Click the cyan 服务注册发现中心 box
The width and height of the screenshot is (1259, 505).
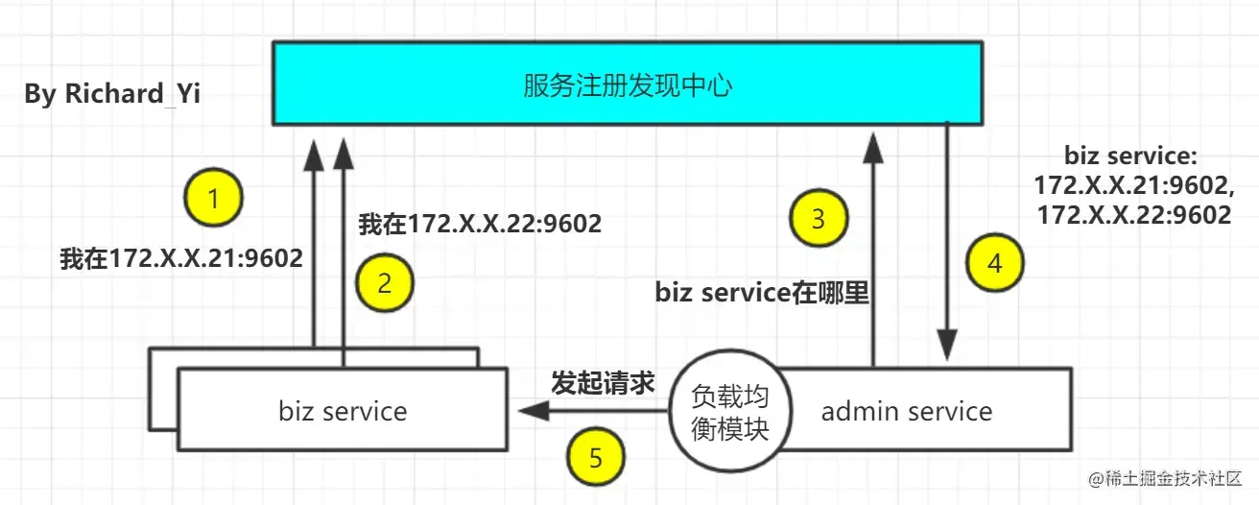(628, 84)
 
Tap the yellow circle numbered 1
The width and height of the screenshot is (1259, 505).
(213, 200)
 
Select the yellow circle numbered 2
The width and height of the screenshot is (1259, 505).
(385, 282)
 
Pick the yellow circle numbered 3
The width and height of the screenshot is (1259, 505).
(818, 219)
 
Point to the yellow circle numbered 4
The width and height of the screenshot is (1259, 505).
(995, 263)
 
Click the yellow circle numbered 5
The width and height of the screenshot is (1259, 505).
(596, 458)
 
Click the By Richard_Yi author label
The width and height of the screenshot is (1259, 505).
(112, 94)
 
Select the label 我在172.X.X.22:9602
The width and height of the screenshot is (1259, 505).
(480, 224)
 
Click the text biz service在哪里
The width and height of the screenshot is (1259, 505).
(762, 294)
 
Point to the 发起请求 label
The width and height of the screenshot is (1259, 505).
(603, 383)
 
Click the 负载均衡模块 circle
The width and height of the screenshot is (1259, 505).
(729, 411)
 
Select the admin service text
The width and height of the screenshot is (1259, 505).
(907, 412)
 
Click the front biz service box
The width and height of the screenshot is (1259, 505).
(343, 412)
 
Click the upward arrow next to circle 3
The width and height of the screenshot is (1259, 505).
(874, 250)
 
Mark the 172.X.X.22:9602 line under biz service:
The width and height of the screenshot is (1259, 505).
(1133, 215)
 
